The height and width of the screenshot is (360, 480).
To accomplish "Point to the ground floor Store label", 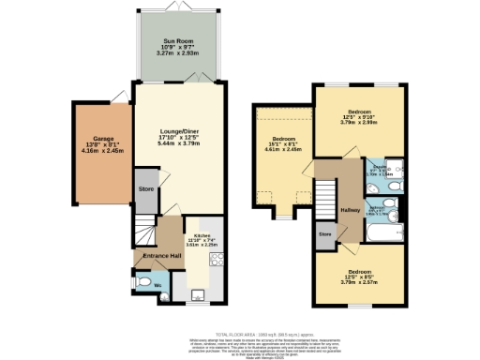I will click(146, 188).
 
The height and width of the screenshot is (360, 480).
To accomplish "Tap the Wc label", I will click(157, 282).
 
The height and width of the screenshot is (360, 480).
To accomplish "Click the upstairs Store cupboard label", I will click(325, 233).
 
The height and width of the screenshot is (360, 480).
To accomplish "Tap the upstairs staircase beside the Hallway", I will click(324, 198).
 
